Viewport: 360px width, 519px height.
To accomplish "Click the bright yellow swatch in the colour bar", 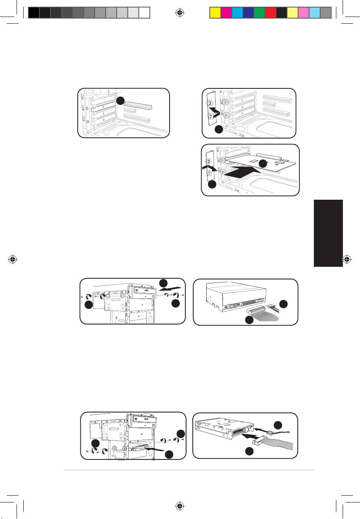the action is coord(214,13).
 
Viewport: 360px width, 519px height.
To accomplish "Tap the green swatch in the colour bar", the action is coord(259,13).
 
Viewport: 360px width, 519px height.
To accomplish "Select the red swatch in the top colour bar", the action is coord(270,13).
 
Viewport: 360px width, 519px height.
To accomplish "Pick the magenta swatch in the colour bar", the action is coord(226,13).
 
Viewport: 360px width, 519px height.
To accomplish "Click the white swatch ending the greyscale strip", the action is coord(145,13).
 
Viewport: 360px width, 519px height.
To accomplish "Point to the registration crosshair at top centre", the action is coord(179,12).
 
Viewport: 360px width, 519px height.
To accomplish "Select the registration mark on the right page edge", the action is coord(347,260).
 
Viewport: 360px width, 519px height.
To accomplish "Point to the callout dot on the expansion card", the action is coord(263,163).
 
